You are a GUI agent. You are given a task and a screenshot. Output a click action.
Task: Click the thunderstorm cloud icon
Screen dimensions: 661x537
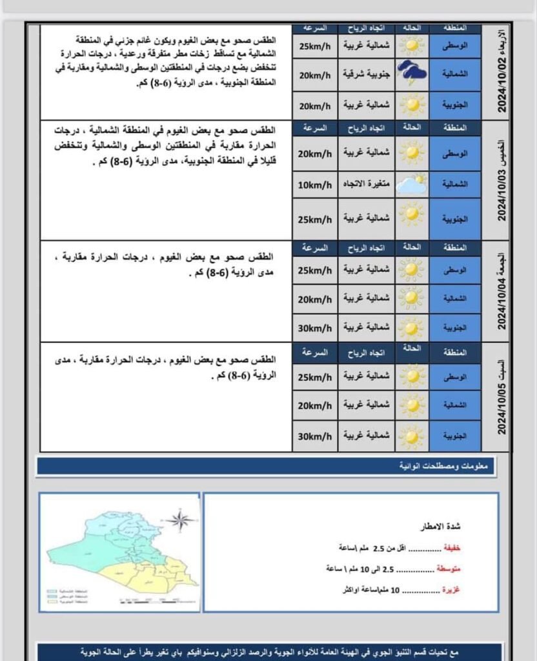click(410, 74)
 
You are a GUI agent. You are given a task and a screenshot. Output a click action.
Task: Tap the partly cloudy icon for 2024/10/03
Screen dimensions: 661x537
click(410, 185)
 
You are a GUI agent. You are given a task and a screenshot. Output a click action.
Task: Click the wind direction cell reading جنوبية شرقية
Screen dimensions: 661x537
click(366, 75)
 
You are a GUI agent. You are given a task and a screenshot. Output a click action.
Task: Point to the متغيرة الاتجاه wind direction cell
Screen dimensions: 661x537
click(366, 185)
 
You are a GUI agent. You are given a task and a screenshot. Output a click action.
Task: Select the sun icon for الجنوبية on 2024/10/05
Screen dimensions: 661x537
click(410, 437)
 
